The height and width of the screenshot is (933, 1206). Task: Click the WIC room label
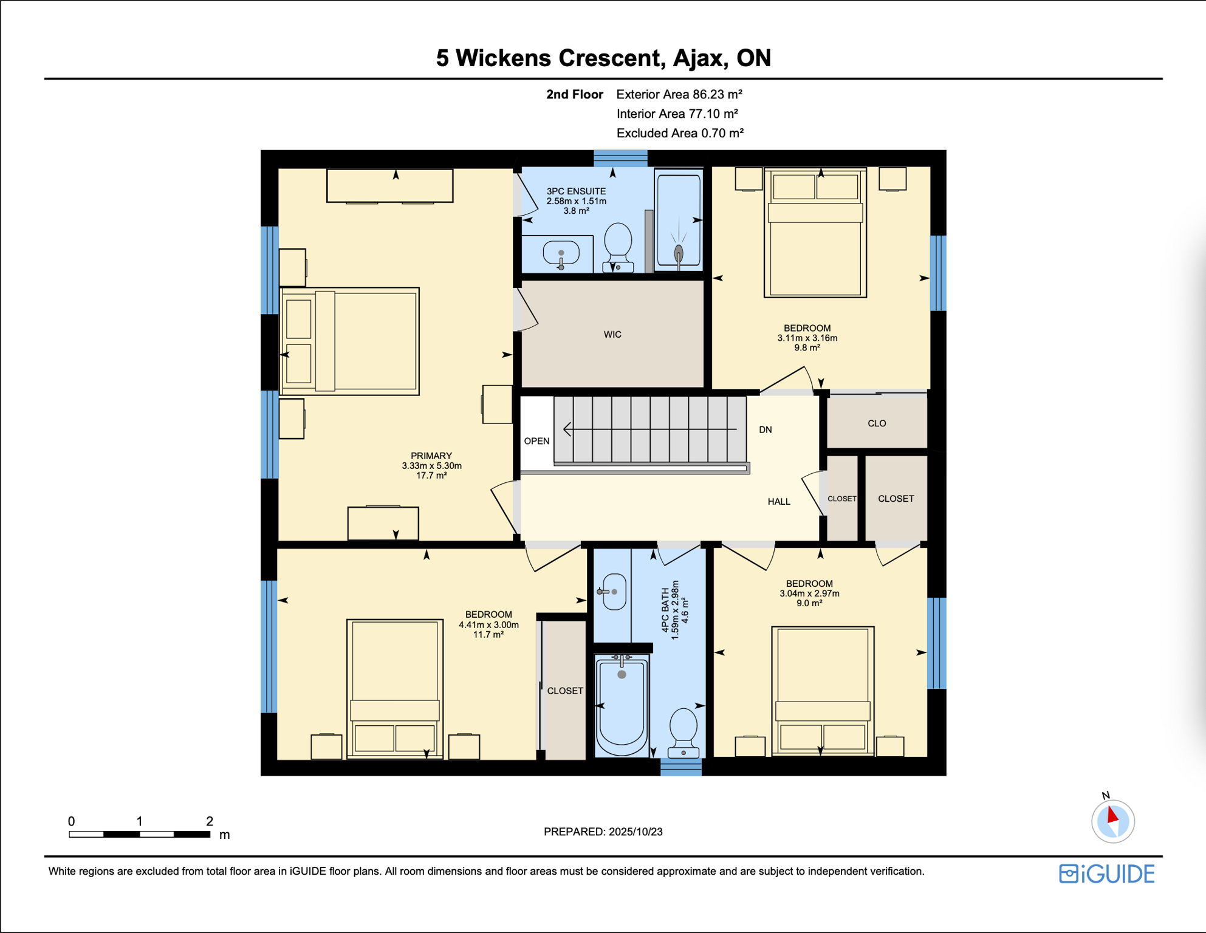coord(612,335)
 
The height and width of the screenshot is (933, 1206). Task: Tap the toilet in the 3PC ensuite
coord(618,247)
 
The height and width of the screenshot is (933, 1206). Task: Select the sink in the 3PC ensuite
coord(561,255)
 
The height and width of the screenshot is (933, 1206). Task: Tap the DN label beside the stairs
coord(766,430)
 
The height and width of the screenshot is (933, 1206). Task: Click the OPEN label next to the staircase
coord(537,441)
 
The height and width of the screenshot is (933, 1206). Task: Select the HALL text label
coord(779,502)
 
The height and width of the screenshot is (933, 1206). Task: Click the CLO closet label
coord(877,423)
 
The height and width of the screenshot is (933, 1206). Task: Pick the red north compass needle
coord(1112,814)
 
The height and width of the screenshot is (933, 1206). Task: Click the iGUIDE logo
coord(1106,874)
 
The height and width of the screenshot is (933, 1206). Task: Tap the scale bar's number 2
coord(210,821)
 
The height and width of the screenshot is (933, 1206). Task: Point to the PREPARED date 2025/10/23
coord(636,832)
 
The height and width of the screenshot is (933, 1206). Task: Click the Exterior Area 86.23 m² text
coord(679,94)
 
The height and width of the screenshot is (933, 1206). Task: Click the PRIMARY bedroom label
coord(431,456)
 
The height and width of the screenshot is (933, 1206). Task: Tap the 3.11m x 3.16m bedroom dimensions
coord(807,338)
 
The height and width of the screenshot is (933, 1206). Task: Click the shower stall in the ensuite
coord(678,220)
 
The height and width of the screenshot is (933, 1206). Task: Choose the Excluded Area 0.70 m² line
coord(680,133)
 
